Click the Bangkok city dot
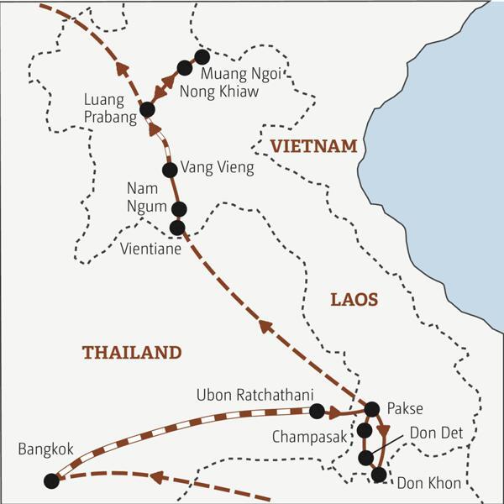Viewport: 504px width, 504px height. tap(52, 480)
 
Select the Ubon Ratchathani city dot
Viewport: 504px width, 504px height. tap(317, 411)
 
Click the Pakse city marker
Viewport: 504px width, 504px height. tap(372, 409)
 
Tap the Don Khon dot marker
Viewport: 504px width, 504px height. tap(379, 475)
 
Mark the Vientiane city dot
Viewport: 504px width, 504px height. tap(176, 228)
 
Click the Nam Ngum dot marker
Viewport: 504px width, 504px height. tap(177, 209)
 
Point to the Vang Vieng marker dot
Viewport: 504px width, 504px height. tap(170, 170)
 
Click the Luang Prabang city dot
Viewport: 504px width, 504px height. tap(148, 109)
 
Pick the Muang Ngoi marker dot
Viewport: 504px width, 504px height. tap(202, 57)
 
